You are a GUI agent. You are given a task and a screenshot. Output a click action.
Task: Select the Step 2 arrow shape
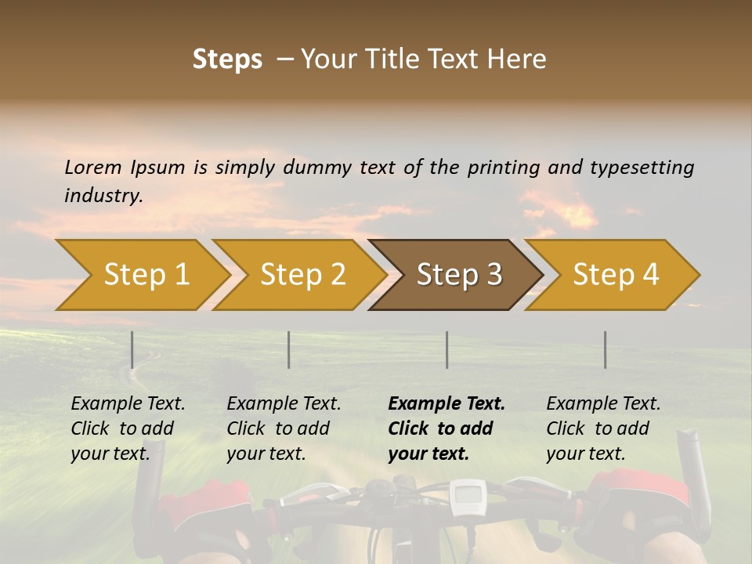302,275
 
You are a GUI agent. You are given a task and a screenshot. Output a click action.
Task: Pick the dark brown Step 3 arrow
458,275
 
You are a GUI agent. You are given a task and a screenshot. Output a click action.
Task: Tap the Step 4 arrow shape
615,275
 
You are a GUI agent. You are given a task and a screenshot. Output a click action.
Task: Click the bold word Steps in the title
227,60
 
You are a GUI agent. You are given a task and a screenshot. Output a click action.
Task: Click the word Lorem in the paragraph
93,168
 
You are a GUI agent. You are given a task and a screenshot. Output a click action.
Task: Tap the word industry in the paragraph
103,196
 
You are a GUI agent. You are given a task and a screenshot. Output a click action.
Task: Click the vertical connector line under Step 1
132,349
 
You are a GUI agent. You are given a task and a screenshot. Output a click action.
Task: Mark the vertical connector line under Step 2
289,349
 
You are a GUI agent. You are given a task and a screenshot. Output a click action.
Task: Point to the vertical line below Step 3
447,349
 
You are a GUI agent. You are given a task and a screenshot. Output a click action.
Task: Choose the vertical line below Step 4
606,349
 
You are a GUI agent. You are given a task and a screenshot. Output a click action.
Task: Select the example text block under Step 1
127,428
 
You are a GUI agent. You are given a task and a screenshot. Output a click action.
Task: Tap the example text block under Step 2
283,428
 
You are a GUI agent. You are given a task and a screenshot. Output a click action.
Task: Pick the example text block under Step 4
602,428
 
